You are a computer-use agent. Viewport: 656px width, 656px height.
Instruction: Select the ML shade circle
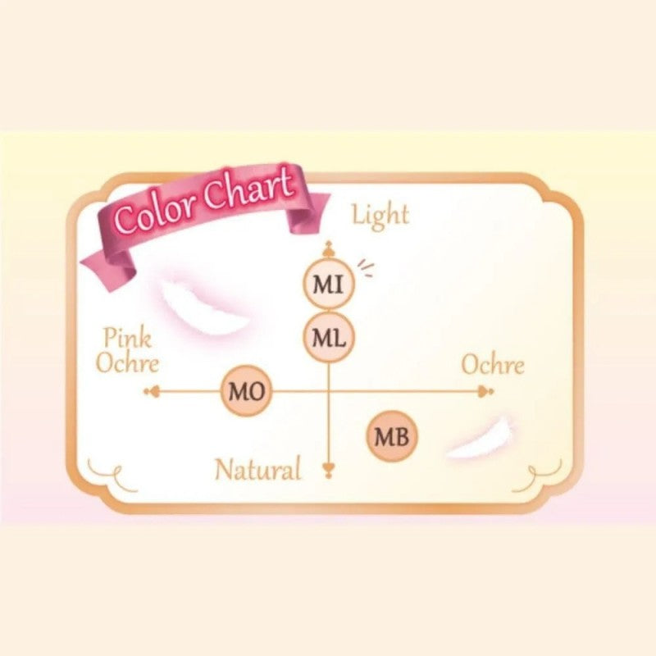point(328,336)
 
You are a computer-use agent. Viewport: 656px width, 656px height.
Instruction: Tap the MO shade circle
point(246,391)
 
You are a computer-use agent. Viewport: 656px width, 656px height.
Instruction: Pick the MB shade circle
point(392,436)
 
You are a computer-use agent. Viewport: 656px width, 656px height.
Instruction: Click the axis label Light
point(380,215)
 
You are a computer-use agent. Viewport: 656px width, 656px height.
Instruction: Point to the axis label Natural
point(257,470)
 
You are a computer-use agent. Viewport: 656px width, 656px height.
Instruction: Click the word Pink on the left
point(127,338)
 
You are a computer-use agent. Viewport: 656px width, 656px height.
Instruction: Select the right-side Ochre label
point(492,365)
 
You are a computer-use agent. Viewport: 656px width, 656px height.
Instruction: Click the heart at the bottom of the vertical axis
point(329,469)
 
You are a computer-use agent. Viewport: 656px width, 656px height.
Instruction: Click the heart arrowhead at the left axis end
point(150,391)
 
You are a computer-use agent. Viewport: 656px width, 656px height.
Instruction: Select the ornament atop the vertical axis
point(328,249)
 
